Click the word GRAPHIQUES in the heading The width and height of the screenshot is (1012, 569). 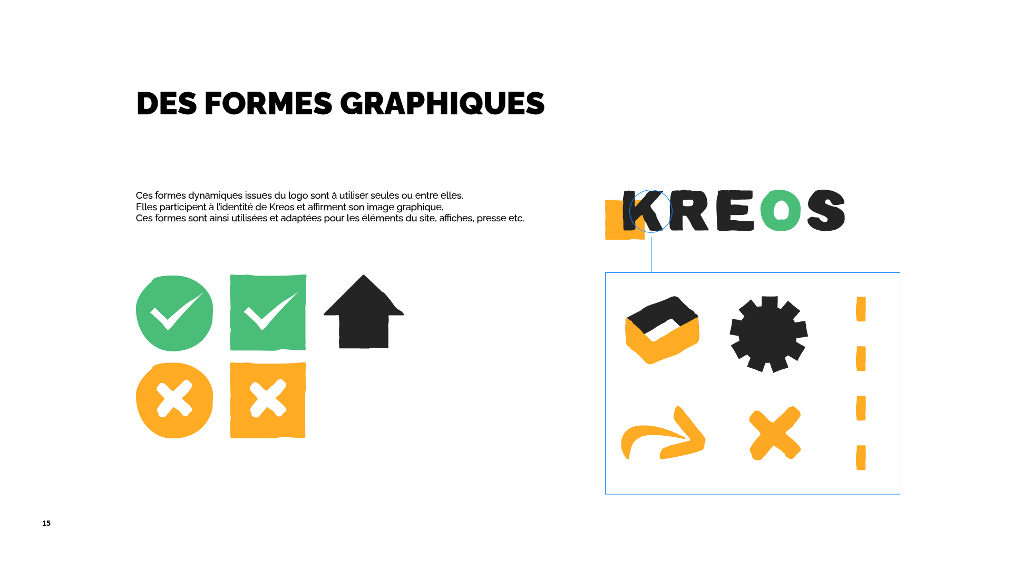point(442,103)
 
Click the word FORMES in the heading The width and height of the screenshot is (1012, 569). point(268,103)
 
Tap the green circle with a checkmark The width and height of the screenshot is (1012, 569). point(174,313)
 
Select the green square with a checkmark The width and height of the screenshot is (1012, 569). point(268,312)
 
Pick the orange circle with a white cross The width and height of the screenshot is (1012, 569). point(174,400)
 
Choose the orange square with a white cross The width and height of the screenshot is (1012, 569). point(268,400)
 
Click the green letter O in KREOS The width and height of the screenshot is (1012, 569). point(780,210)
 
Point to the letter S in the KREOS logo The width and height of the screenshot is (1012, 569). point(826,210)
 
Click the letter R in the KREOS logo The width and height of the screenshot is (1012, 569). point(689,211)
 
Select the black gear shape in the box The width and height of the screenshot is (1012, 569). point(768,334)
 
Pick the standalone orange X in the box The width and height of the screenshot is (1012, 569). point(774,433)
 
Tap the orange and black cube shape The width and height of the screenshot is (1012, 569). point(662,330)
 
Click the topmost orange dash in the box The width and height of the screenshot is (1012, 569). point(861,309)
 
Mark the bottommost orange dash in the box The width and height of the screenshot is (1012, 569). point(861,457)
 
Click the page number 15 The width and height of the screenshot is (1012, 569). point(46,523)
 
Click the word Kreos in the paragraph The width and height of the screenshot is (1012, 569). point(281,207)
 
